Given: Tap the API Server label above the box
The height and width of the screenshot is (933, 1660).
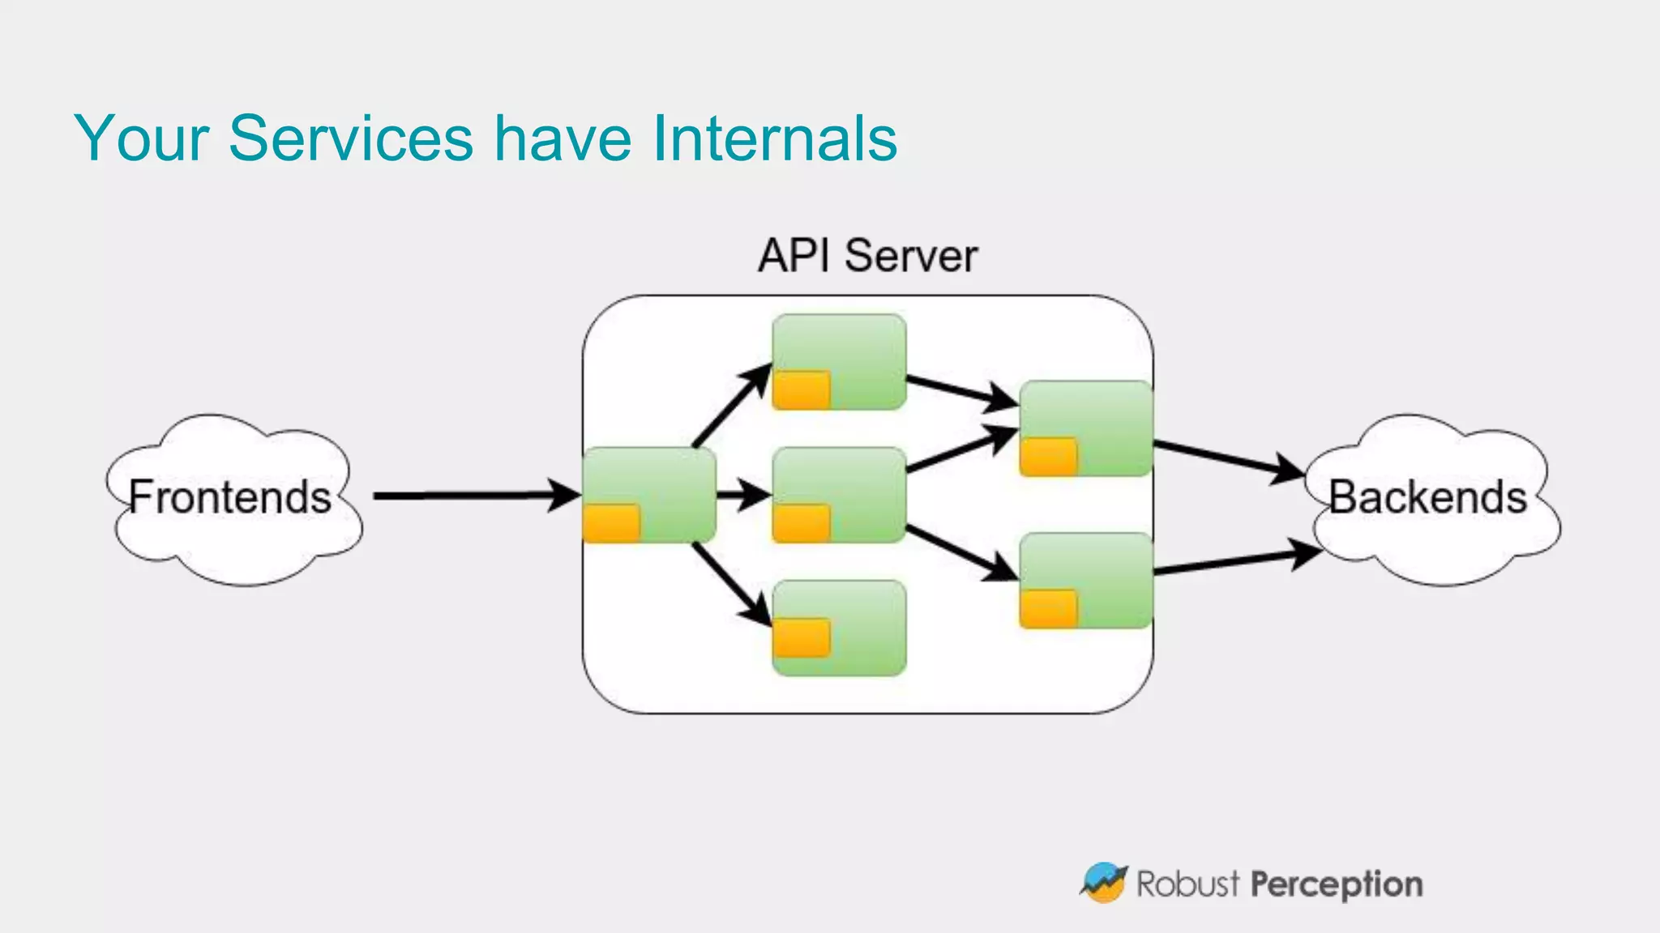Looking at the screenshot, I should coord(867,256).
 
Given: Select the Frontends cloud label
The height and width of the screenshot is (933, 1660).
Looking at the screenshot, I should coord(230,496).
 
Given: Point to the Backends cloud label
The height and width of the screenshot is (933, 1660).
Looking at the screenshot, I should coord(1427,496).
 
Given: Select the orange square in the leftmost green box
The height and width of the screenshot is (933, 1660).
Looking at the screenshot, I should coord(611,522).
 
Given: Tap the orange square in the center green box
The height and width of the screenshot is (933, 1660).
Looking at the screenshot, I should coord(801,522).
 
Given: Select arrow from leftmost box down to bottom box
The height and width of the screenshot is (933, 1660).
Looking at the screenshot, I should coord(729,583).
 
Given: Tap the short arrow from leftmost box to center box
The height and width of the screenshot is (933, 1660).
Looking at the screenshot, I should coord(742,494).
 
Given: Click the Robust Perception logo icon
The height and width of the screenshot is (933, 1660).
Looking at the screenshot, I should coord(1103,883).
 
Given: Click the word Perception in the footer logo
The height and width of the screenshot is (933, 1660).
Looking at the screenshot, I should coord(1336,884).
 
